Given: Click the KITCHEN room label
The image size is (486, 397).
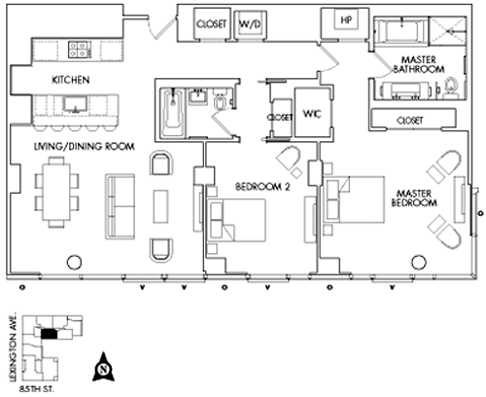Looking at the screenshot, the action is pyautogui.click(x=71, y=80).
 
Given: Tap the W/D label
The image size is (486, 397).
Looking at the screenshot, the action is pyautogui.click(x=250, y=23).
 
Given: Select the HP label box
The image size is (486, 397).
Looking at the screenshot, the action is pyautogui.click(x=346, y=20).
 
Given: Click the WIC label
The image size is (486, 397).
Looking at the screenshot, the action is pyautogui.click(x=312, y=114).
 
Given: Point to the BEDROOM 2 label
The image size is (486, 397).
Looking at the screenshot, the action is pyautogui.click(x=262, y=187).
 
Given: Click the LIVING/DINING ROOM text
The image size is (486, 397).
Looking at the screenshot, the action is pyautogui.click(x=85, y=146).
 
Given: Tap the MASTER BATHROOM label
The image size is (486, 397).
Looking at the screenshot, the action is pyautogui.click(x=419, y=64).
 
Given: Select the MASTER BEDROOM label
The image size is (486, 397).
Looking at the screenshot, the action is pyautogui.click(x=414, y=198).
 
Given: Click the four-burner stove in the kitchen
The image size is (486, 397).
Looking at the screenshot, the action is pyautogui.click(x=78, y=50).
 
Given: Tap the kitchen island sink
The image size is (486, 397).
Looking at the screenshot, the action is pyautogui.click(x=75, y=104).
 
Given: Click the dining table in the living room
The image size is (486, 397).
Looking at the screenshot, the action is pyautogui.click(x=56, y=192).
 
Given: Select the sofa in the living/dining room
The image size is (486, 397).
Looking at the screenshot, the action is pyautogui.click(x=120, y=206).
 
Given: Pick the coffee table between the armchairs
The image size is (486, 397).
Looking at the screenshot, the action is pyautogui.click(x=160, y=206).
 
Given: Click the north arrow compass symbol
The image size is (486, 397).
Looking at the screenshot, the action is pyautogui.click(x=104, y=367).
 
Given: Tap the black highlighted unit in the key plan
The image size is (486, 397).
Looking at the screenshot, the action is pyautogui.click(x=50, y=334).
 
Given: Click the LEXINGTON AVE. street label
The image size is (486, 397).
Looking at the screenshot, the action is pyautogui.click(x=14, y=347).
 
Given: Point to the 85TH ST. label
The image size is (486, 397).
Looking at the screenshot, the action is pyautogui.click(x=37, y=389).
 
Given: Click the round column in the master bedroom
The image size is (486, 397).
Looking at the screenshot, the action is pyautogui.click(x=419, y=263).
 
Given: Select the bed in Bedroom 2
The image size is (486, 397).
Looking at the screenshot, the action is pyautogui.click(x=236, y=220).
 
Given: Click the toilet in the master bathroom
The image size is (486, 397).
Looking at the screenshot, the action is pyautogui.click(x=450, y=88).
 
